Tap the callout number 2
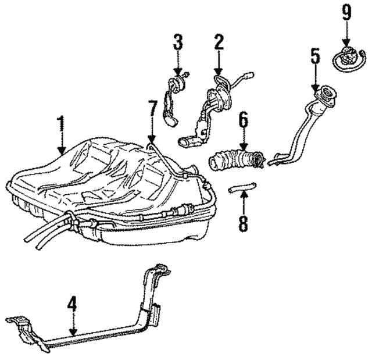[219, 42]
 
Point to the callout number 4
[71, 304]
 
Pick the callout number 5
[315, 56]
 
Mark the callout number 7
[152, 108]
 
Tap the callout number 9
[346, 12]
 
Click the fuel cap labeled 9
[348, 58]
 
